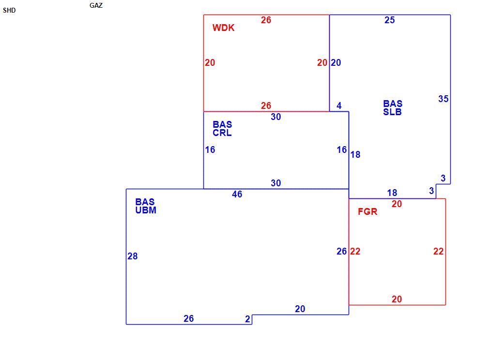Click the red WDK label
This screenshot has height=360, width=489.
pyautogui.click(x=223, y=28)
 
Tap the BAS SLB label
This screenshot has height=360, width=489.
pyautogui.click(x=393, y=107)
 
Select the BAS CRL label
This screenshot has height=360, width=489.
pyautogui.click(x=222, y=128)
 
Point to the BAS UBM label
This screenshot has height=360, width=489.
pyautogui.click(x=146, y=206)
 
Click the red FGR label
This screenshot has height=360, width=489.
pyautogui.click(x=367, y=211)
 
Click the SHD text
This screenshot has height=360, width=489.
pyautogui.click(x=9, y=10)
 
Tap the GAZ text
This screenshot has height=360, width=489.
pyautogui.click(x=96, y=5)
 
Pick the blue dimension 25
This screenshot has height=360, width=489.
pyautogui.click(x=390, y=20)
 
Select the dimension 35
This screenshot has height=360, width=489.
pyautogui.click(x=443, y=99)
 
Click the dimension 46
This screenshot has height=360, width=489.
pyautogui.click(x=237, y=194)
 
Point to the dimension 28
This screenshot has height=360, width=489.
pyautogui.click(x=133, y=256)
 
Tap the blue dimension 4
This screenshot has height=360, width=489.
pyautogui.click(x=339, y=105)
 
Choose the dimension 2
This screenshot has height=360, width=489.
pyautogui.click(x=247, y=319)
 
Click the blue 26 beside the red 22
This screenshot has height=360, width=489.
pyautogui.click(x=342, y=251)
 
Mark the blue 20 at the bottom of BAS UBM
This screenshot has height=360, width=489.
pyautogui.click(x=300, y=309)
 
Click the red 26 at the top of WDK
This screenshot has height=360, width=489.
pyautogui.click(x=266, y=20)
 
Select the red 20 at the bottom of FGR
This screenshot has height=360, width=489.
pyautogui.click(x=397, y=299)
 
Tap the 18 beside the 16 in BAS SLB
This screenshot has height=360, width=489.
pyautogui.click(x=355, y=155)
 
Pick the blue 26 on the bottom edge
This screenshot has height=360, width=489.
pyautogui.click(x=189, y=318)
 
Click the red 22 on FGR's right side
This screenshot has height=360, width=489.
pyautogui.click(x=439, y=251)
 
